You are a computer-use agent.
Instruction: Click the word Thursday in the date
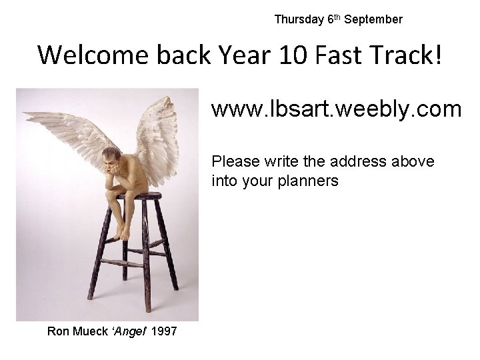point(299,19)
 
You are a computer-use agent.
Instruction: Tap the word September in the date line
point(379,19)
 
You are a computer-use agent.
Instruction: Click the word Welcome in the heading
point(93,55)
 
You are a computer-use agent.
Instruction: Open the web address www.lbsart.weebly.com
point(337,109)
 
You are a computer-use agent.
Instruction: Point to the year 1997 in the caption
point(164,331)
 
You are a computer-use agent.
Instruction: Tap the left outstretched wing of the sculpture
point(67,130)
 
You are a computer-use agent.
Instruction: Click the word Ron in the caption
point(57,331)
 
